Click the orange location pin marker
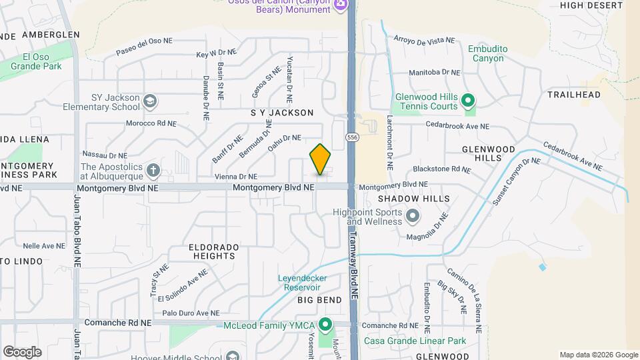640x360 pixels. tap(320, 159)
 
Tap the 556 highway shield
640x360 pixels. tap(352, 137)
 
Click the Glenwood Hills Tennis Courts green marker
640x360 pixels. tap(468, 101)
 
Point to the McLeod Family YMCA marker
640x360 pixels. tap(325, 325)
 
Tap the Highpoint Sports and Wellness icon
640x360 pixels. tap(413, 215)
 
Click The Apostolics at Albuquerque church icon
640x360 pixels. tap(153, 171)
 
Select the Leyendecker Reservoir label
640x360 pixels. tap(309, 282)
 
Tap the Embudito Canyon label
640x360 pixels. tap(490, 53)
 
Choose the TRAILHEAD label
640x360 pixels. tap(574, 95)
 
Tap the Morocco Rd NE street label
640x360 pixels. tap(151, 123)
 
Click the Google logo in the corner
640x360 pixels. tap(22, 352)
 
